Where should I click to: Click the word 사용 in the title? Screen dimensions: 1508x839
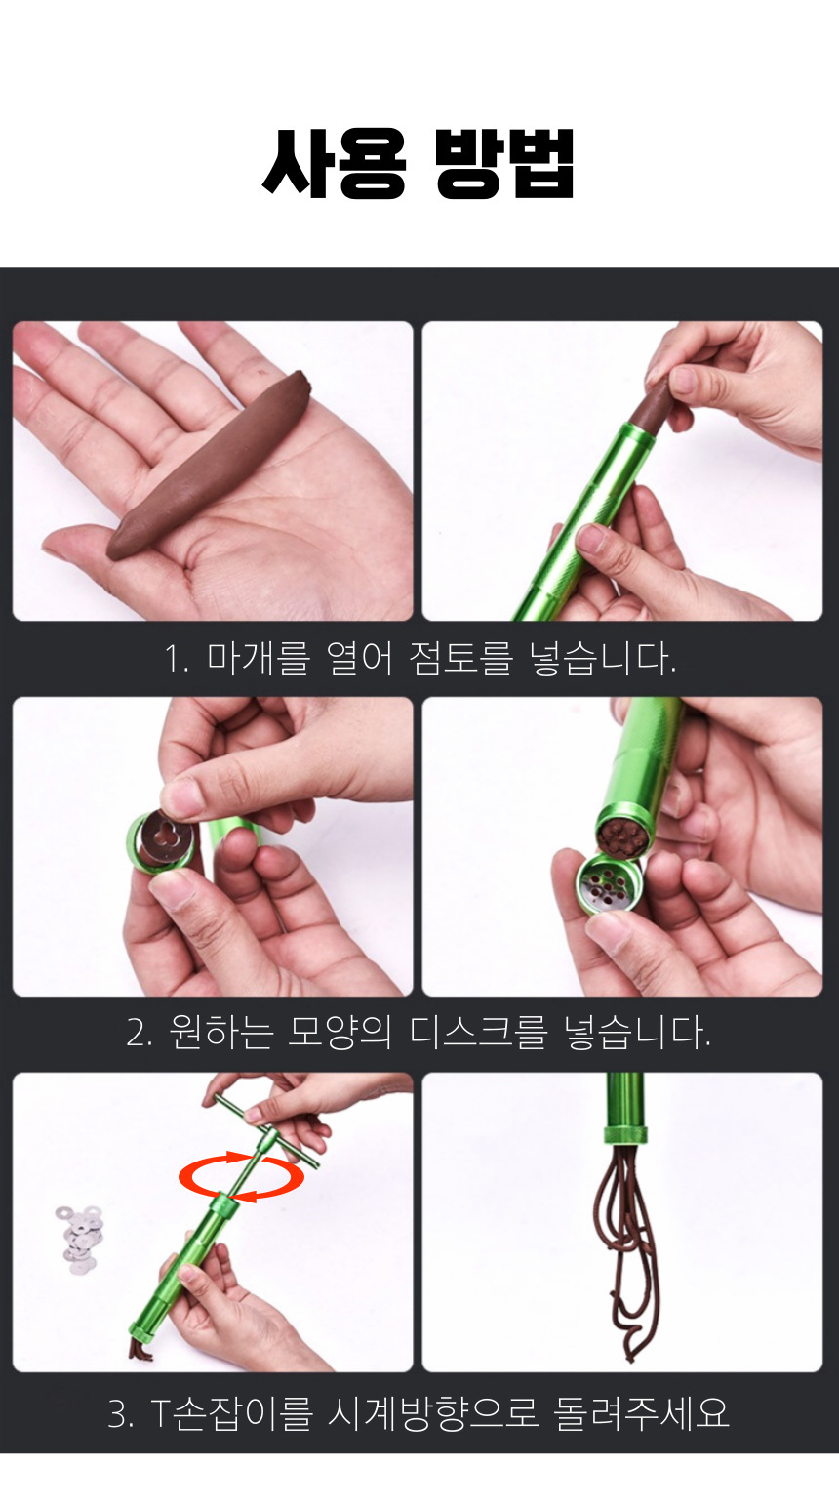pyautogui.click(x=334, y=164)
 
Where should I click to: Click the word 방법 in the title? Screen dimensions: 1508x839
pyautogui.click(x=504, y=164)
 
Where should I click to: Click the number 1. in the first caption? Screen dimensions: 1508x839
pyautogui.click(x=177, y=660)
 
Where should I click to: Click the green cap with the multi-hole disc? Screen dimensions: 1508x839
pyautogui.click(x=607, y=883)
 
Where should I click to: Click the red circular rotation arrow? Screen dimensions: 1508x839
pyautogui.click(x=241, y=1177)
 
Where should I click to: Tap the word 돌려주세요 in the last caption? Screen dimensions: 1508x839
pyautogui.click(x=641, y=1413)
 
